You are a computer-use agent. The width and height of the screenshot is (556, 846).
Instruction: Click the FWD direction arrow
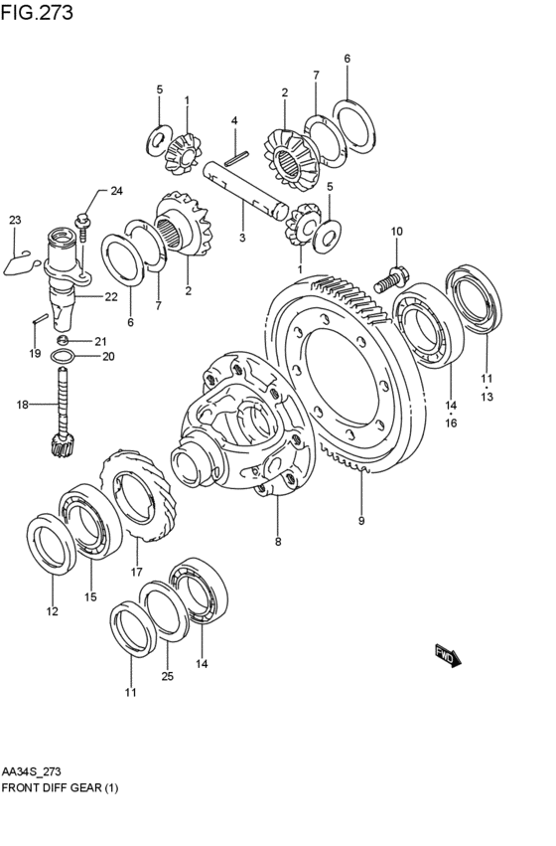coord(448,655)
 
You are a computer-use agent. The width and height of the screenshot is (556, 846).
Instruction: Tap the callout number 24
coord(116,191)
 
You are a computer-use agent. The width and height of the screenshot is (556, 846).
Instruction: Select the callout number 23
coord(15,220)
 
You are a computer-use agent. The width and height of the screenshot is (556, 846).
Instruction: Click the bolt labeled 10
coord(391,279)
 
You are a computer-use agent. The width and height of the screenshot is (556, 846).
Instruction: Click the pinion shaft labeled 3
coord(245,191)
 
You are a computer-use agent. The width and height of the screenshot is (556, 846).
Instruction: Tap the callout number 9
coord(361,521)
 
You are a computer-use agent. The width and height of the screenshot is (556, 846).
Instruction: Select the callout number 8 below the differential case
coord(278,542)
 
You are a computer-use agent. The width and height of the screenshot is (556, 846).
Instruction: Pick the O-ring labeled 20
coord(62,357)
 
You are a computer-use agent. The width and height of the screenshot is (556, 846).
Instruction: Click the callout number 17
coord(136,572)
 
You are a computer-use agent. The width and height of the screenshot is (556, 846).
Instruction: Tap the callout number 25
coord(168,676)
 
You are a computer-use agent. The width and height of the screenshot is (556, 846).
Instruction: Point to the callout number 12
coord(52,611)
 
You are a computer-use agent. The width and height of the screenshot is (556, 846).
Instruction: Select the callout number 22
coord(111,297)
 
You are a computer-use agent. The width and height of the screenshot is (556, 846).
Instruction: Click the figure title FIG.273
coord(37,11)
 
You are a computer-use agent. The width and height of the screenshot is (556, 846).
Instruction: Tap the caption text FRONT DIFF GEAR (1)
coord(60,787)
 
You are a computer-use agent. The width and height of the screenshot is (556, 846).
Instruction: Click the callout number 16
coord(451,423)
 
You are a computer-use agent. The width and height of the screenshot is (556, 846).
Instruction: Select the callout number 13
coord(486,397)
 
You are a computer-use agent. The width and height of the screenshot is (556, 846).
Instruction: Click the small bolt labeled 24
coord(82,227)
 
